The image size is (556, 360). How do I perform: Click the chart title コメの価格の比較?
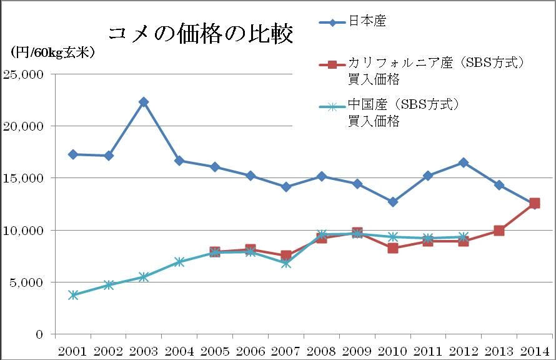[x=200, y=34]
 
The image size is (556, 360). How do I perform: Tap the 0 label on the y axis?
[x=39, y=334]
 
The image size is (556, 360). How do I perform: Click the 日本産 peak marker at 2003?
[x=144, y=102]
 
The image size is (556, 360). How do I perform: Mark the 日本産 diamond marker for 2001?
[x=73, y=154]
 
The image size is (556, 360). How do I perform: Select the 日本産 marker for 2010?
[x=392, y=202]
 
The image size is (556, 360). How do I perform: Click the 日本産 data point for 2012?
[x=464, y=162]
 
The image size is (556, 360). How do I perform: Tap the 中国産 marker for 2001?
[x=73, y=295]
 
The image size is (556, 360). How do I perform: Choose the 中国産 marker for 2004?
[x=179, y=262]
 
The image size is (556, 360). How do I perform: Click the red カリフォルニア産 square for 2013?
[x=499, y=231]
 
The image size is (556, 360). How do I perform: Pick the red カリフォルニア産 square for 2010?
[x=392, y=248]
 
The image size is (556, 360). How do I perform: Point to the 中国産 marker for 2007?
[x=285, y=263]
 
